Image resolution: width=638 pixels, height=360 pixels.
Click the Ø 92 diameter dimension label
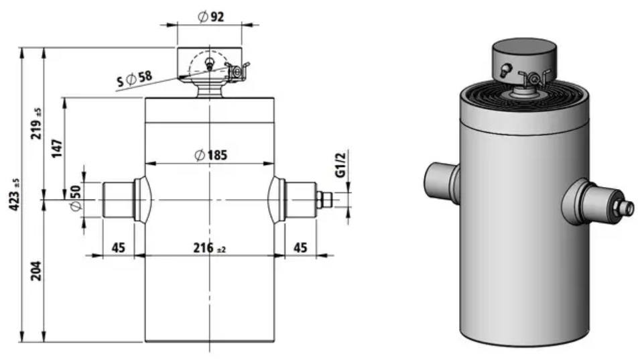[210, 17]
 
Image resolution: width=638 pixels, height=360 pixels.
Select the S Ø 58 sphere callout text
[134, 78]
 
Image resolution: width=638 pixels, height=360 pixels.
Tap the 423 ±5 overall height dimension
[14, 194]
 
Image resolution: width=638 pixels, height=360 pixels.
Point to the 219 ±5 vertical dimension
[37, 123]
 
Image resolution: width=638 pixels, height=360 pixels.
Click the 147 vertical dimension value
[56, 149]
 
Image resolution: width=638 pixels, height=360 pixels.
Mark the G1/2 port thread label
[340, 165]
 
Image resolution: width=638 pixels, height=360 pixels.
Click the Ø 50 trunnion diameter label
[76, 198]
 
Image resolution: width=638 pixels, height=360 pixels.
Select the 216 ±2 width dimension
[209, 247]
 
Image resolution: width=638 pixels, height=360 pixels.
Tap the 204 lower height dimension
[37, 270]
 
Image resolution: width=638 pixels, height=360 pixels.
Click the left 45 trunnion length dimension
[119, 247]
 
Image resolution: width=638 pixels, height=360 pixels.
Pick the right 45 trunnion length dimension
[300, 247]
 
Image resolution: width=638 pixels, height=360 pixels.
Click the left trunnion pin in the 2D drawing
[119, 200]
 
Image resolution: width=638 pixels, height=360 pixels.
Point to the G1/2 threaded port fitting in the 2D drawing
[324, 200]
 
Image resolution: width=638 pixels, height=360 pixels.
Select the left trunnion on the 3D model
[442, 181]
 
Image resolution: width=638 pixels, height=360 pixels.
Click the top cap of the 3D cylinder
[525, 58]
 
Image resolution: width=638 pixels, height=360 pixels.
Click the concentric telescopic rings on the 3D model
[525, 95]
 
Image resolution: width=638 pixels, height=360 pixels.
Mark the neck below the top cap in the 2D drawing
[210, 90]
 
